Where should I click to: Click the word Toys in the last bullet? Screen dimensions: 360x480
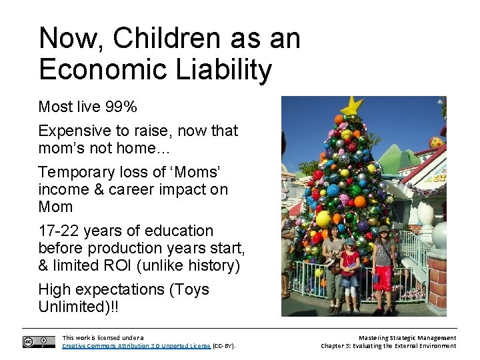click(191, 289)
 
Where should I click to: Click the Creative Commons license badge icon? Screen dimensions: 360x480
click(39, 342)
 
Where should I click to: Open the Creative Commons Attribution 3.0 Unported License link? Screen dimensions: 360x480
click(136, 346)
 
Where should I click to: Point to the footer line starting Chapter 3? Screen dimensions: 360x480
click(388, 346)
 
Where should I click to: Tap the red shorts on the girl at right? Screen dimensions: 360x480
click(384, 278)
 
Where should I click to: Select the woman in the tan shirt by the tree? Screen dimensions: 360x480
click(333, 263)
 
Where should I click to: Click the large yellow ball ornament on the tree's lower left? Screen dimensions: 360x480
click(323, 219)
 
